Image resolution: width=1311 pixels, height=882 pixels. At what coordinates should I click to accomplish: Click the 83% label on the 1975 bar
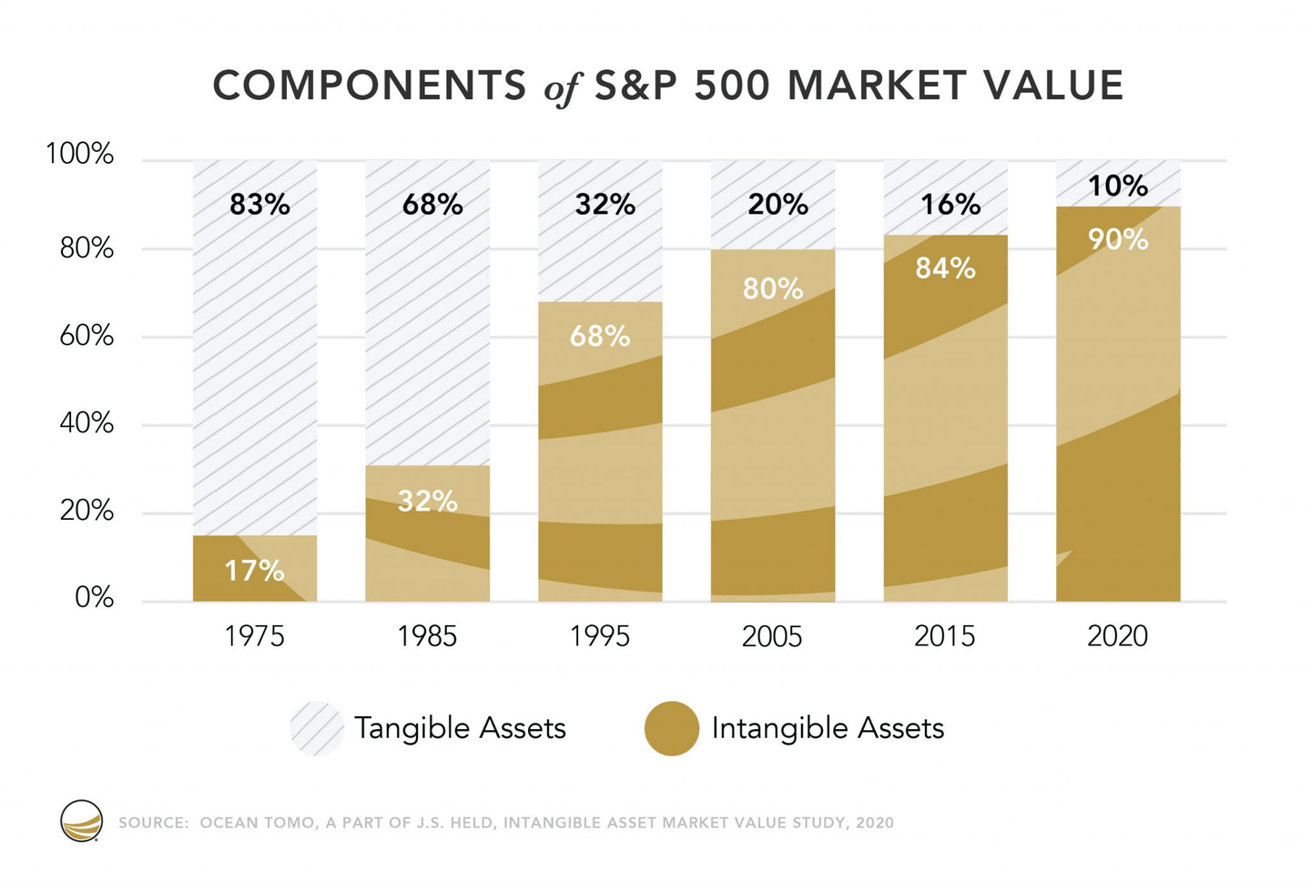259,205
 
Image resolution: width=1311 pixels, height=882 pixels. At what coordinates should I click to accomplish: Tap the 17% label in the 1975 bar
254,571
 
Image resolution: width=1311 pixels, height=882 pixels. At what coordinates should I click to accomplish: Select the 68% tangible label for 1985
432,205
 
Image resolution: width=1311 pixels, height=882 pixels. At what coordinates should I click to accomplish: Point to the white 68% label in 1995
600,337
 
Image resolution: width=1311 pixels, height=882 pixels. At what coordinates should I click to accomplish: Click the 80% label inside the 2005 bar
773,289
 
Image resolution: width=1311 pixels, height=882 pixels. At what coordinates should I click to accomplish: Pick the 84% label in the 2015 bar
945,269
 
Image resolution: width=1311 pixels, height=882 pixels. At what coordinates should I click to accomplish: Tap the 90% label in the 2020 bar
1118,240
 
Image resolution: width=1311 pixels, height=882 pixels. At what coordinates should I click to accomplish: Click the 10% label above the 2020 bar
1118,187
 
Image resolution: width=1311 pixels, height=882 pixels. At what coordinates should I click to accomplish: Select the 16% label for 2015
950,205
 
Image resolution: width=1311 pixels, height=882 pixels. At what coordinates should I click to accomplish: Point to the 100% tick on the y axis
80,155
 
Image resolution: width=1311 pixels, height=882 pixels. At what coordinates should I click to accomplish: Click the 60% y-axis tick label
86,337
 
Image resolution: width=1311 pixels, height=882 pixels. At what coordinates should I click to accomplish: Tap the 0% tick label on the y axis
94,598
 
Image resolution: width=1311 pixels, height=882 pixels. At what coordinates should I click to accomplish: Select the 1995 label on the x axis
599,636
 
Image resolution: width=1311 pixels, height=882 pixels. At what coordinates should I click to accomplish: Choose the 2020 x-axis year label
1117,636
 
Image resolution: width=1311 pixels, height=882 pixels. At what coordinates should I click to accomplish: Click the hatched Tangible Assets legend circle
317,728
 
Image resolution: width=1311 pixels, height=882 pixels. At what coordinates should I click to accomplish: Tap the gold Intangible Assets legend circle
672,728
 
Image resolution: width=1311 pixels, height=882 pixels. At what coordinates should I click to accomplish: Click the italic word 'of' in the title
561,88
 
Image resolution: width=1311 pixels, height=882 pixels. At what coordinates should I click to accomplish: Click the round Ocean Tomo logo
82,821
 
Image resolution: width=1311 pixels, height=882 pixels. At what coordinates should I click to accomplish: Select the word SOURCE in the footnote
153,823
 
